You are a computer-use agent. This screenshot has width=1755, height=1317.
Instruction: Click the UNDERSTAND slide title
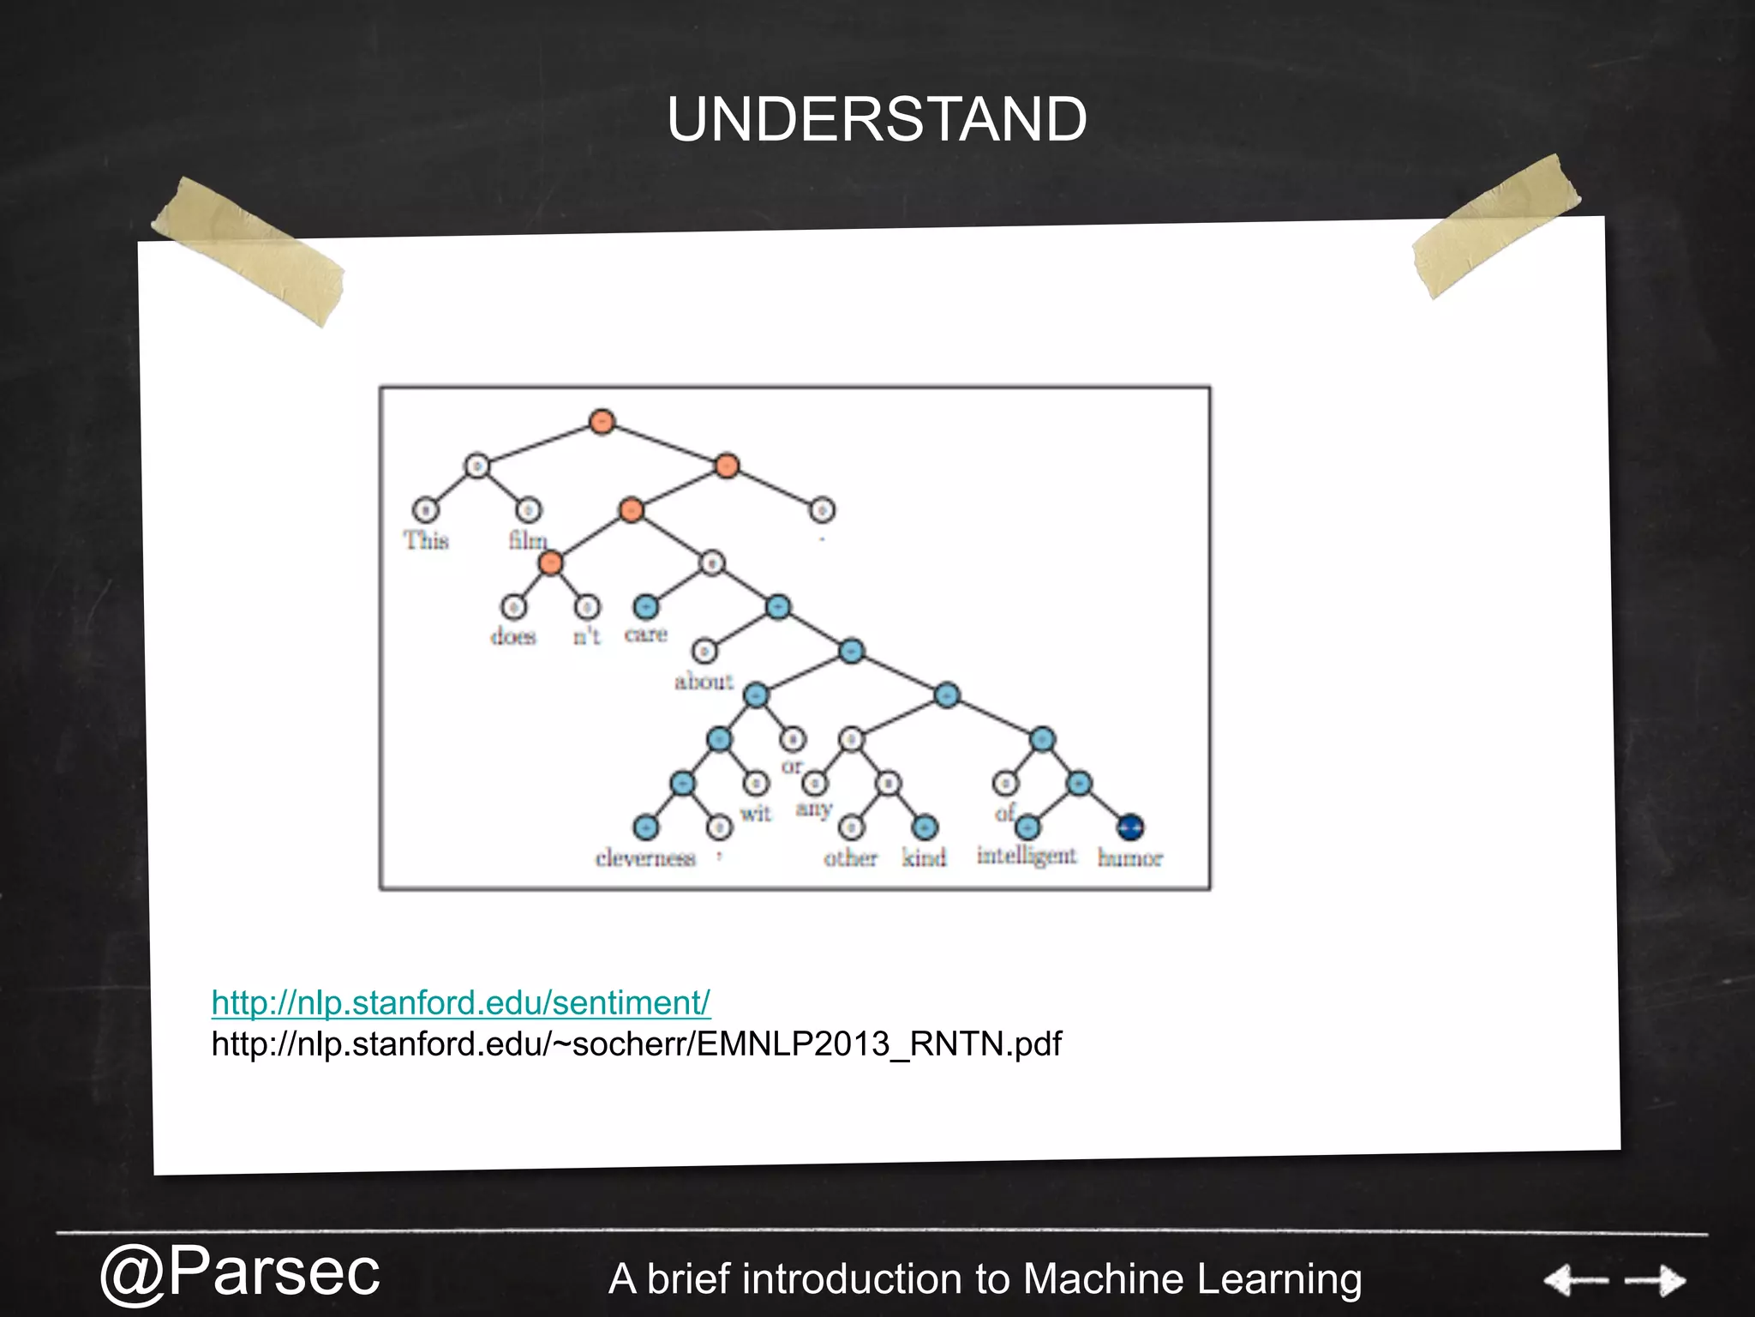(877, 119)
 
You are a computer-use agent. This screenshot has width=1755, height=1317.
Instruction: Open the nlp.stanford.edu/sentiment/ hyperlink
(461, 1002)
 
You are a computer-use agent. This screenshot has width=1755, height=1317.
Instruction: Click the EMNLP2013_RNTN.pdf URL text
(636, 1043)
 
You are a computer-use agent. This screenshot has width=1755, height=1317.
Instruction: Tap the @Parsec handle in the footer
(239, 1272)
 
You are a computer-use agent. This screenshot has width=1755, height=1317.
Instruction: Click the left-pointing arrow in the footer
(1575, 1281)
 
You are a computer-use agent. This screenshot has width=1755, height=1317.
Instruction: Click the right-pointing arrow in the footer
(1656, 1281)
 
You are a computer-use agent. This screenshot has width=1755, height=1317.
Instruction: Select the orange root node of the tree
(602, 421)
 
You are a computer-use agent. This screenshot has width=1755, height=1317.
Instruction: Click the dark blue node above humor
(1130, 827)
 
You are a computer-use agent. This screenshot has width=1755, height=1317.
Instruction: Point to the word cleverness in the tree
(645, 858)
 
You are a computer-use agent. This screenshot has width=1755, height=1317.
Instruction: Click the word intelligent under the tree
(1026, 856)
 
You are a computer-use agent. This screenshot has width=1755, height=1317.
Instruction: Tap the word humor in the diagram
(1129, 858)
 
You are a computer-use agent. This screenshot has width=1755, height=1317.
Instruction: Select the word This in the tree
(426, 540)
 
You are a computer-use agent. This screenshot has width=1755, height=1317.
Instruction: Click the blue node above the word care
(645, 607)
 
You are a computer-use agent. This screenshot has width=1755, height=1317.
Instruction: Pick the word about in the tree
(704, 682)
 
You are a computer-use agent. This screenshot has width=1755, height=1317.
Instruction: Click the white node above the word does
(513, 607)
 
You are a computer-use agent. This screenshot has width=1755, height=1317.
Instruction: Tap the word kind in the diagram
(924, 857)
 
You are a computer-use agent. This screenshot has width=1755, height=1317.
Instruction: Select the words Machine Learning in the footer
(1192, 1278)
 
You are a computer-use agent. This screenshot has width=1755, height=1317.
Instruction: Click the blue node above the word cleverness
(645, 827)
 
